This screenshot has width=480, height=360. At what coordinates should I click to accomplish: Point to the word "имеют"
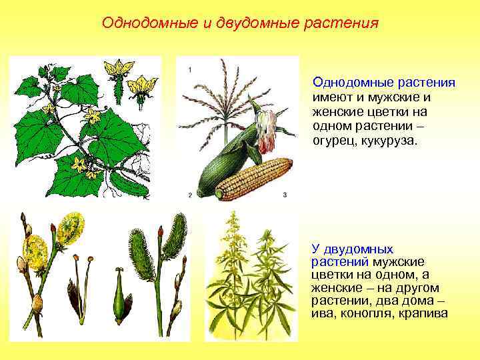[331, 97]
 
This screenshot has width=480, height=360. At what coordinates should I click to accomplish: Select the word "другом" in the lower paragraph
[416, 287]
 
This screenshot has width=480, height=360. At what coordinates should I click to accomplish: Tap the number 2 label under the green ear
[190, 195]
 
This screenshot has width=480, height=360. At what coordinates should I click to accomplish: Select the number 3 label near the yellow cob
[285, 195]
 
